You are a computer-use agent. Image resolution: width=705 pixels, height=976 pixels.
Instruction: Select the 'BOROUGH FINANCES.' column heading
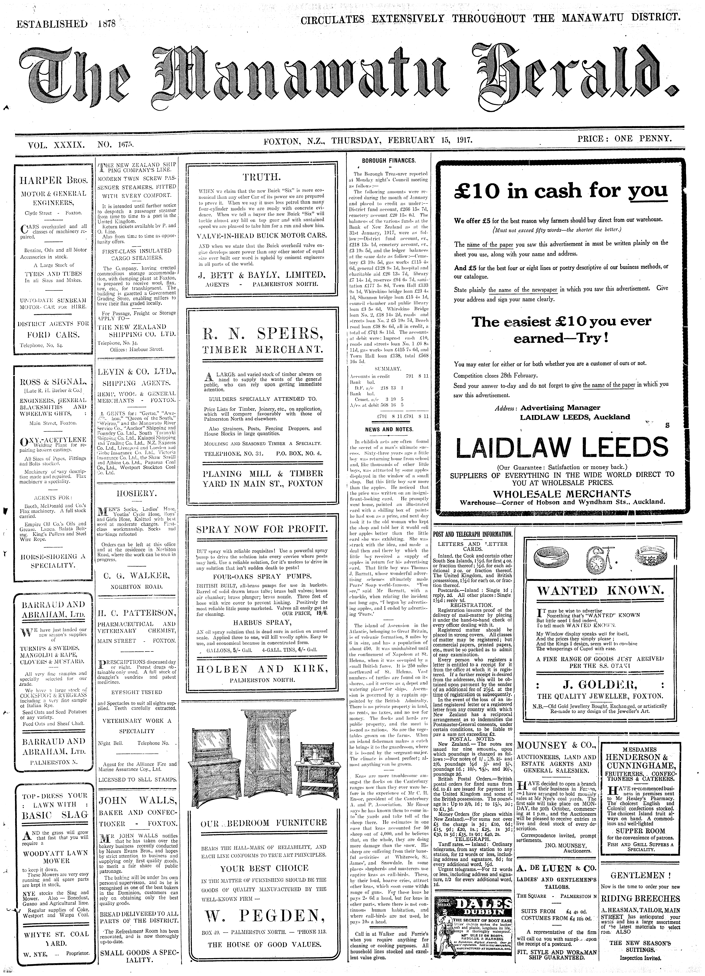coord(388,161)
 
